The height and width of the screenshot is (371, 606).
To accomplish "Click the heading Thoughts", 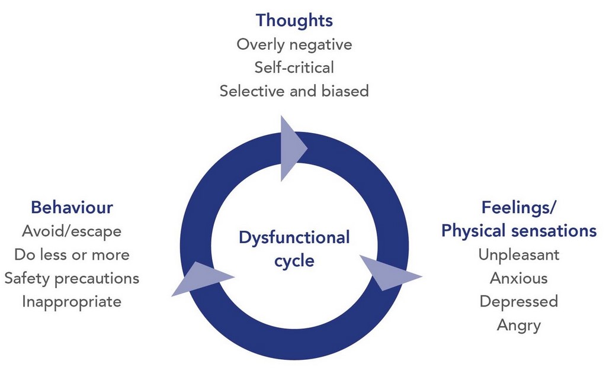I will tap(294, 21).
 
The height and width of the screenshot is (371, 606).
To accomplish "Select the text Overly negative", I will tap(294, 44).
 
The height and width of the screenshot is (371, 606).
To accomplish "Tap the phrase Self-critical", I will tap(294, 67).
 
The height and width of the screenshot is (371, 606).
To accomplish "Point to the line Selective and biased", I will tap(294, 91).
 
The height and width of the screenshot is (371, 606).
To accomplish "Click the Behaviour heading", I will tap(72, 208).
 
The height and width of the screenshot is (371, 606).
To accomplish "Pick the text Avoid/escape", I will tap(72, 231).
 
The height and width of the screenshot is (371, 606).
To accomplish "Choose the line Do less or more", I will tap(72, 254).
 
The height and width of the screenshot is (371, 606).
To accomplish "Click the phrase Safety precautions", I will tap(72, 278).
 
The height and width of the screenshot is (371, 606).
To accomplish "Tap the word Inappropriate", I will tap(72, 301).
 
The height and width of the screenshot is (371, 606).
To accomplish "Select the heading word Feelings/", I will tap(519, 208).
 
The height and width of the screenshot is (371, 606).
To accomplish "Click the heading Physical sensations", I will tap(519, 231).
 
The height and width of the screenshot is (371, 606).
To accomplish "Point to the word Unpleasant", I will tap(519, 254).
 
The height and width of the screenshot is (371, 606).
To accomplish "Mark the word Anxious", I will tap(519, 278).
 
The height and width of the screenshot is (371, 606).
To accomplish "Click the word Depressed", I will tap(519, 301).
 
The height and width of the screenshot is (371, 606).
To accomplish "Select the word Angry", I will tap(519, 325).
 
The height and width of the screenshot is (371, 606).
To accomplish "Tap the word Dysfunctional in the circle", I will tap(294, 238).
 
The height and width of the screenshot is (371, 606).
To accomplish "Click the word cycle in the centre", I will tap(294, 261).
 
